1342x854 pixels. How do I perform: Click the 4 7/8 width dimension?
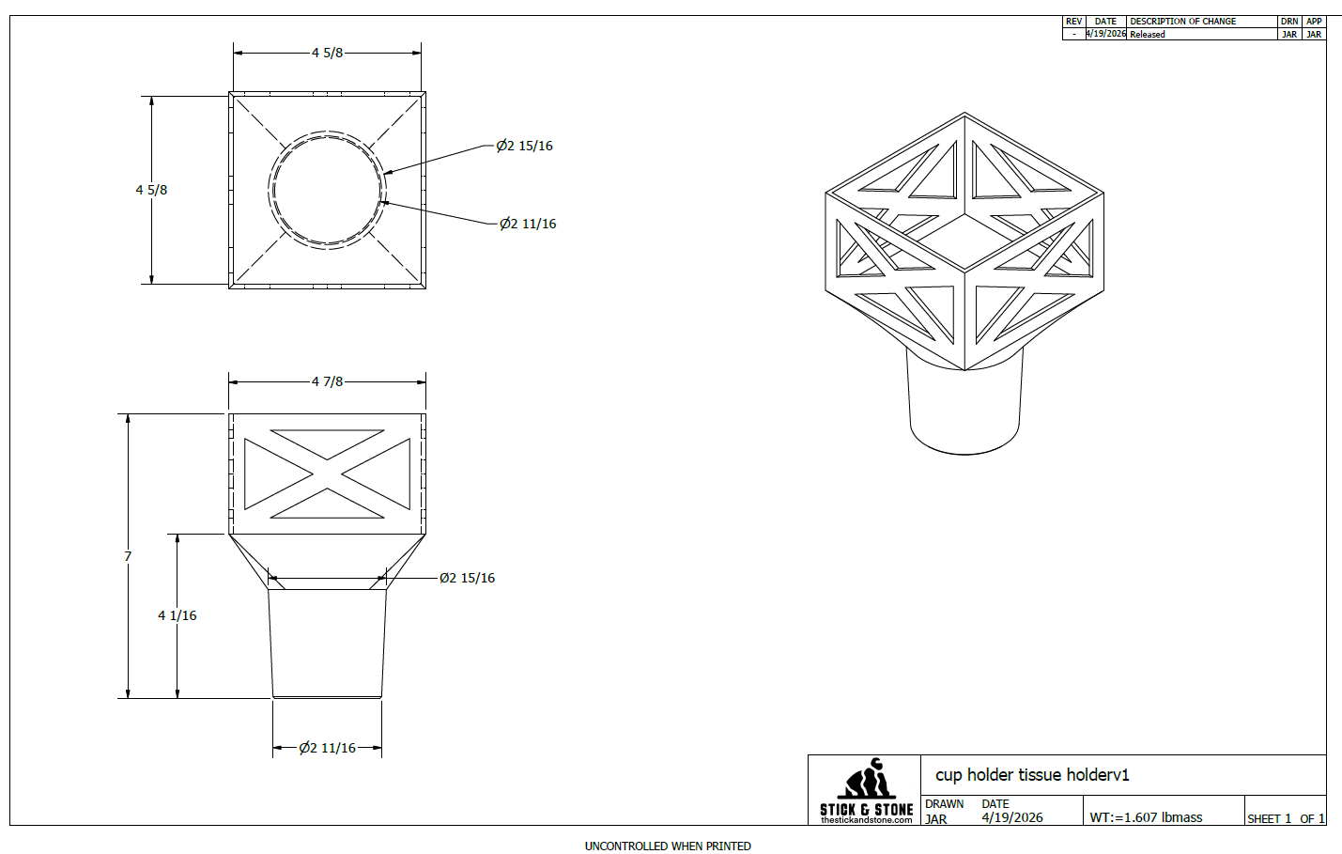tap(327, 381)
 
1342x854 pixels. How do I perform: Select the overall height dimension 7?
tap(128, 557)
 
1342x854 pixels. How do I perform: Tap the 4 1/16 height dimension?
tap(177, 615)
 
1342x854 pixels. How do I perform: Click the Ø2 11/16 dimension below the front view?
tap(327, 748)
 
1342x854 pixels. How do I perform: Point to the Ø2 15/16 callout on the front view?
tap(468, 579)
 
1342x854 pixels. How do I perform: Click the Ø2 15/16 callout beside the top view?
tap(524, 146)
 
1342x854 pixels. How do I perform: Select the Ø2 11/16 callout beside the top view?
tap(528, 224)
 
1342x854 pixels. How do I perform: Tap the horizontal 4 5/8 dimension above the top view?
tap(327, 53)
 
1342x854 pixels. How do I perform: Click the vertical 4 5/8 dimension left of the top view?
tap(151, 190)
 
